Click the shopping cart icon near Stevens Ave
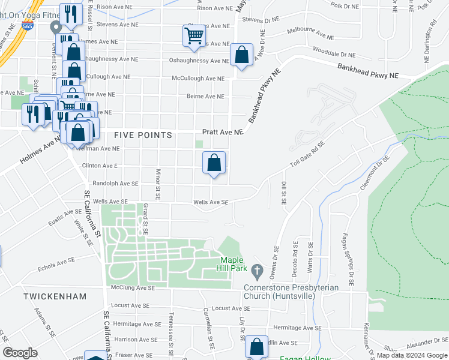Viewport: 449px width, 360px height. pyautogui.click(x=193, y=35)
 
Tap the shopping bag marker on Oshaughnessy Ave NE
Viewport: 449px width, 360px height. pyautogui.click(x=241, y=55)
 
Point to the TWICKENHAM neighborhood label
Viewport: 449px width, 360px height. pyautogui.click(x=55, y=296)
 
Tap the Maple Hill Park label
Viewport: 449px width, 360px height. pyautogui.click(x=232, y=263)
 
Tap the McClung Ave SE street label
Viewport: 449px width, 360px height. pyautogui.click(x=130, y=288)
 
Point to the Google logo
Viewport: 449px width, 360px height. pyautogui.click(x=20, y=353)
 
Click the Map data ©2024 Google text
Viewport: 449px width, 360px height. pyautogui.click(x=412, y=356)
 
